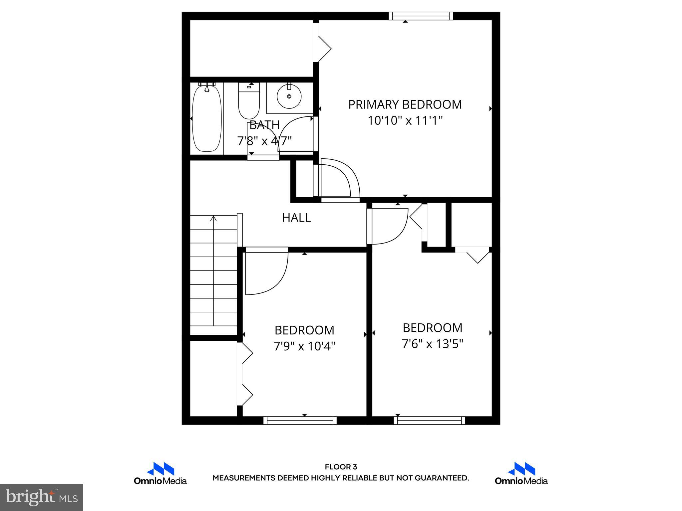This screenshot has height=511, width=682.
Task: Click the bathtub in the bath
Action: [207, 118]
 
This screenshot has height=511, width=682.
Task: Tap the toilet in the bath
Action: [249, 101]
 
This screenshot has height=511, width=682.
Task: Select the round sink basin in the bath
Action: [289, 96]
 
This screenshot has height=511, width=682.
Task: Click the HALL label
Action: [296, 218]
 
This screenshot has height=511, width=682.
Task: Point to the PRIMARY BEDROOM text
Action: [405, 104]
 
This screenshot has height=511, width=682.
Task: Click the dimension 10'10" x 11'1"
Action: [405, 120]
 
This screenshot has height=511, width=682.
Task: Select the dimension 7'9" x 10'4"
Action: [304, 347]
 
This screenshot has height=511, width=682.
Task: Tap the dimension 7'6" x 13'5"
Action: [433, 344]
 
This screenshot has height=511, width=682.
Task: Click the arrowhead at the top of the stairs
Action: [213, 219]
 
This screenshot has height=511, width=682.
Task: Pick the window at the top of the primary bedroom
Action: [421, 16]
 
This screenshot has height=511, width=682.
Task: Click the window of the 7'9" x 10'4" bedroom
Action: [300, 421]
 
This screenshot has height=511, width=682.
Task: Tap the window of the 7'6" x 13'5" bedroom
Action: [429, 421]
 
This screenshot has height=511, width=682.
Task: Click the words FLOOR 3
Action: [341, 467]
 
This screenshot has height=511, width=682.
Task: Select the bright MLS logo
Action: [42, 497]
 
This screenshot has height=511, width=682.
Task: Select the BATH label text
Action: [264, 125]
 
